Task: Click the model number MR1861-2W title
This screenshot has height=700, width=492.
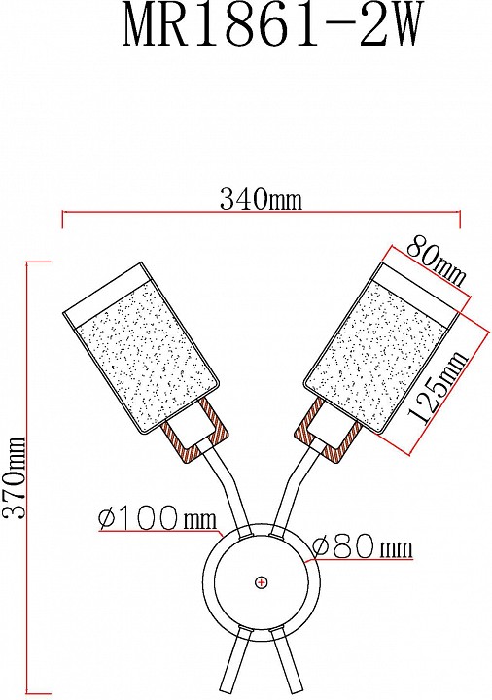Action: pos(271,27)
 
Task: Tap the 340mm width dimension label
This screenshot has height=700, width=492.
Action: pos(261,198)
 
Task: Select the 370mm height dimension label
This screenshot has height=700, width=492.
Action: pos(14,478)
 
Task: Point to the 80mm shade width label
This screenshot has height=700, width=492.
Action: pos(436,262)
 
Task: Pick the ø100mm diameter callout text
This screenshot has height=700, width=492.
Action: pos(158,518)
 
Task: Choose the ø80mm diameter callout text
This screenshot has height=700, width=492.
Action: pos(362,546)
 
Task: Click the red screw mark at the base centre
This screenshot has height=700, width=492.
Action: pos(262,582)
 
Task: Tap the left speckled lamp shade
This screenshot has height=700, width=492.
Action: pos(142,349)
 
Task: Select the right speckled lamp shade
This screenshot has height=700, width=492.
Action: pos(381,349)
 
